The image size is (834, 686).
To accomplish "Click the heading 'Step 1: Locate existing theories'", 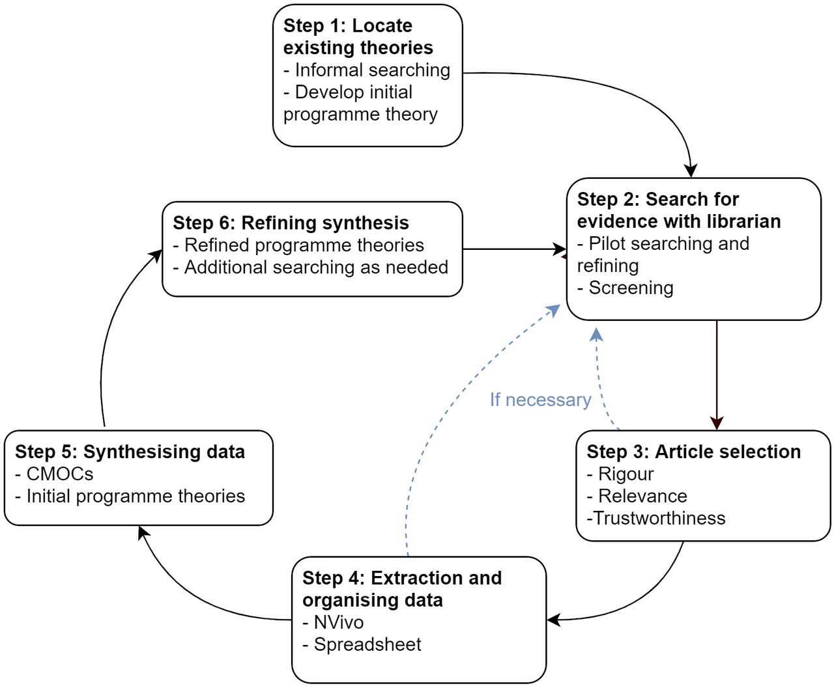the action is click(x=358, y=36).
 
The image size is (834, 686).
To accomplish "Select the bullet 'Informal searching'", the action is click(x=367, y=70).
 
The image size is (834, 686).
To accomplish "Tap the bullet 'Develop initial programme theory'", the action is click(x=360, y=103).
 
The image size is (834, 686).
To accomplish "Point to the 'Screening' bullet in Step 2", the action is click(x=625, y=288).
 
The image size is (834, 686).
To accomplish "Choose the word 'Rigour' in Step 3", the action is click(x=620, y=474).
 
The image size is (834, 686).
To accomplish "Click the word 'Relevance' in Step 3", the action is click(x=637, y=496).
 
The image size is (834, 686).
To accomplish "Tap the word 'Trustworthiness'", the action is click(x=659, y=518).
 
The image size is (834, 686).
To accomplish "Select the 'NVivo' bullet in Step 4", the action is click(x=333, y=622).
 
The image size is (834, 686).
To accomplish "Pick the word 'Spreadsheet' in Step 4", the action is click(x=367, y=644).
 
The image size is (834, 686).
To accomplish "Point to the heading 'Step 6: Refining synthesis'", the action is click(x=291, y=223).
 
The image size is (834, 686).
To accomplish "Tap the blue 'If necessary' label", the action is click(x=540, y=400).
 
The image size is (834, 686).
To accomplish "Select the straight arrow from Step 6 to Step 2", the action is click(x=515, y=249).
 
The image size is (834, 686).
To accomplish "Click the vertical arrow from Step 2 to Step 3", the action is click(x=717, y=375).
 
